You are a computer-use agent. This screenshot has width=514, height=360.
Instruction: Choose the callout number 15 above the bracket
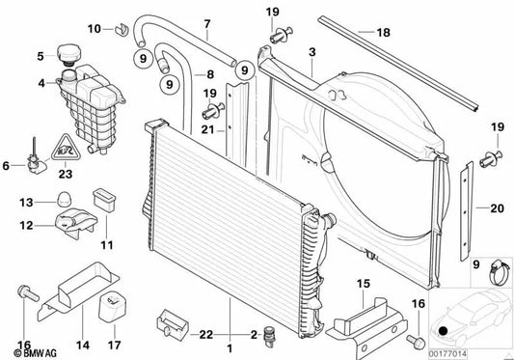click(x=363, y=284)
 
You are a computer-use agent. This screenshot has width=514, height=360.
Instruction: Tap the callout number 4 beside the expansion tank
click(x=41, y=83)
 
